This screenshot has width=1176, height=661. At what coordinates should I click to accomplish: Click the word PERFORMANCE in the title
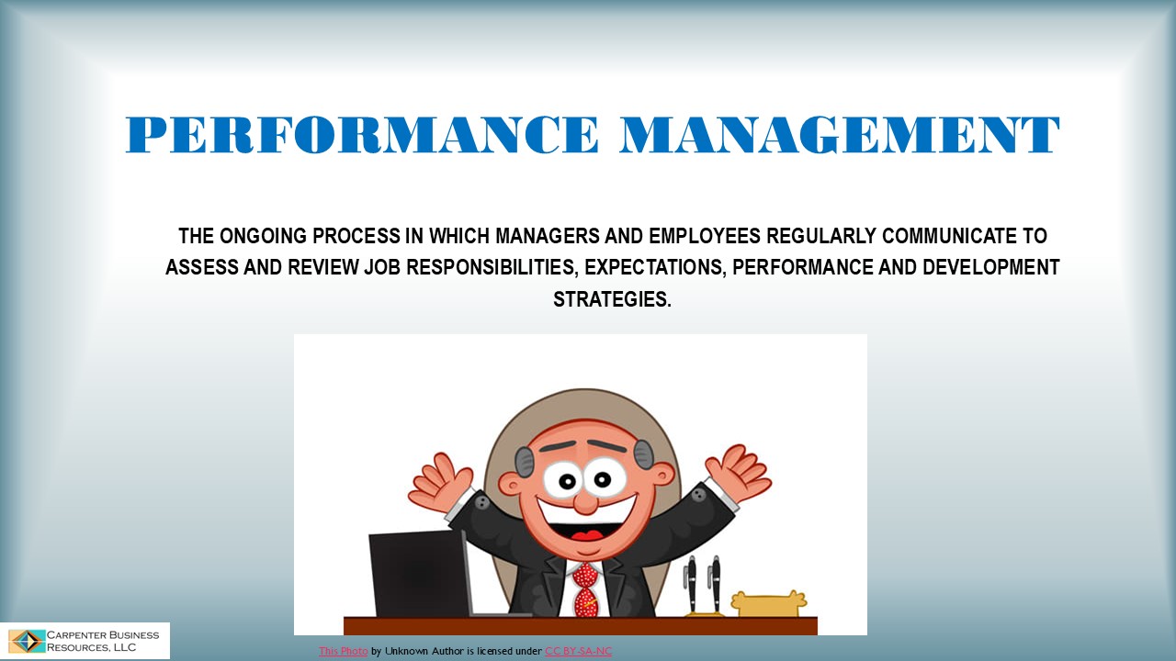pyautogui.click(x=362, y=135)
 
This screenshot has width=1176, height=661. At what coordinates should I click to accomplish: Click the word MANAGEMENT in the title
pyautogui.click(x=840, y=135)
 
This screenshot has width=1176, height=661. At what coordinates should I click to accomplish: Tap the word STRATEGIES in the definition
pyautogui.click(x=612, y=299)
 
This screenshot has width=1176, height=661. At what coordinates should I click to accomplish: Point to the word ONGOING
pyautogui.click(x=264, y=236)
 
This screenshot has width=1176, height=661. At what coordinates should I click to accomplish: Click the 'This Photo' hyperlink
pyautogui.click(x=343, y=651)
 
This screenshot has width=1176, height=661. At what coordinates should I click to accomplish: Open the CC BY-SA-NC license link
pyautogui.click(x=578, y=651)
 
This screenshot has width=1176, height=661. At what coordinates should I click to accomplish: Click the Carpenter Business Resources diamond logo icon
pyautogui.click(x=27, y=641)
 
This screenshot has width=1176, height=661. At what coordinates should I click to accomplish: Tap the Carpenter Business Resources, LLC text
pyautogui.click(x=103, y=641)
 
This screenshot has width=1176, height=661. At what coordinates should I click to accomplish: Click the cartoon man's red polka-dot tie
pyautogui.click(x=585, y=588)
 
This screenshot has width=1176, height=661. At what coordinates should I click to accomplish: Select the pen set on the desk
pyautogui.click(x=703, y=583)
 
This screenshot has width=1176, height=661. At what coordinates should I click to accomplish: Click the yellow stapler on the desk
pyautogui.click(x=768, y=603)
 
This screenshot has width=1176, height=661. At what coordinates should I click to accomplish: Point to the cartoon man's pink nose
pyautogui.click(x=585, y=501)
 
